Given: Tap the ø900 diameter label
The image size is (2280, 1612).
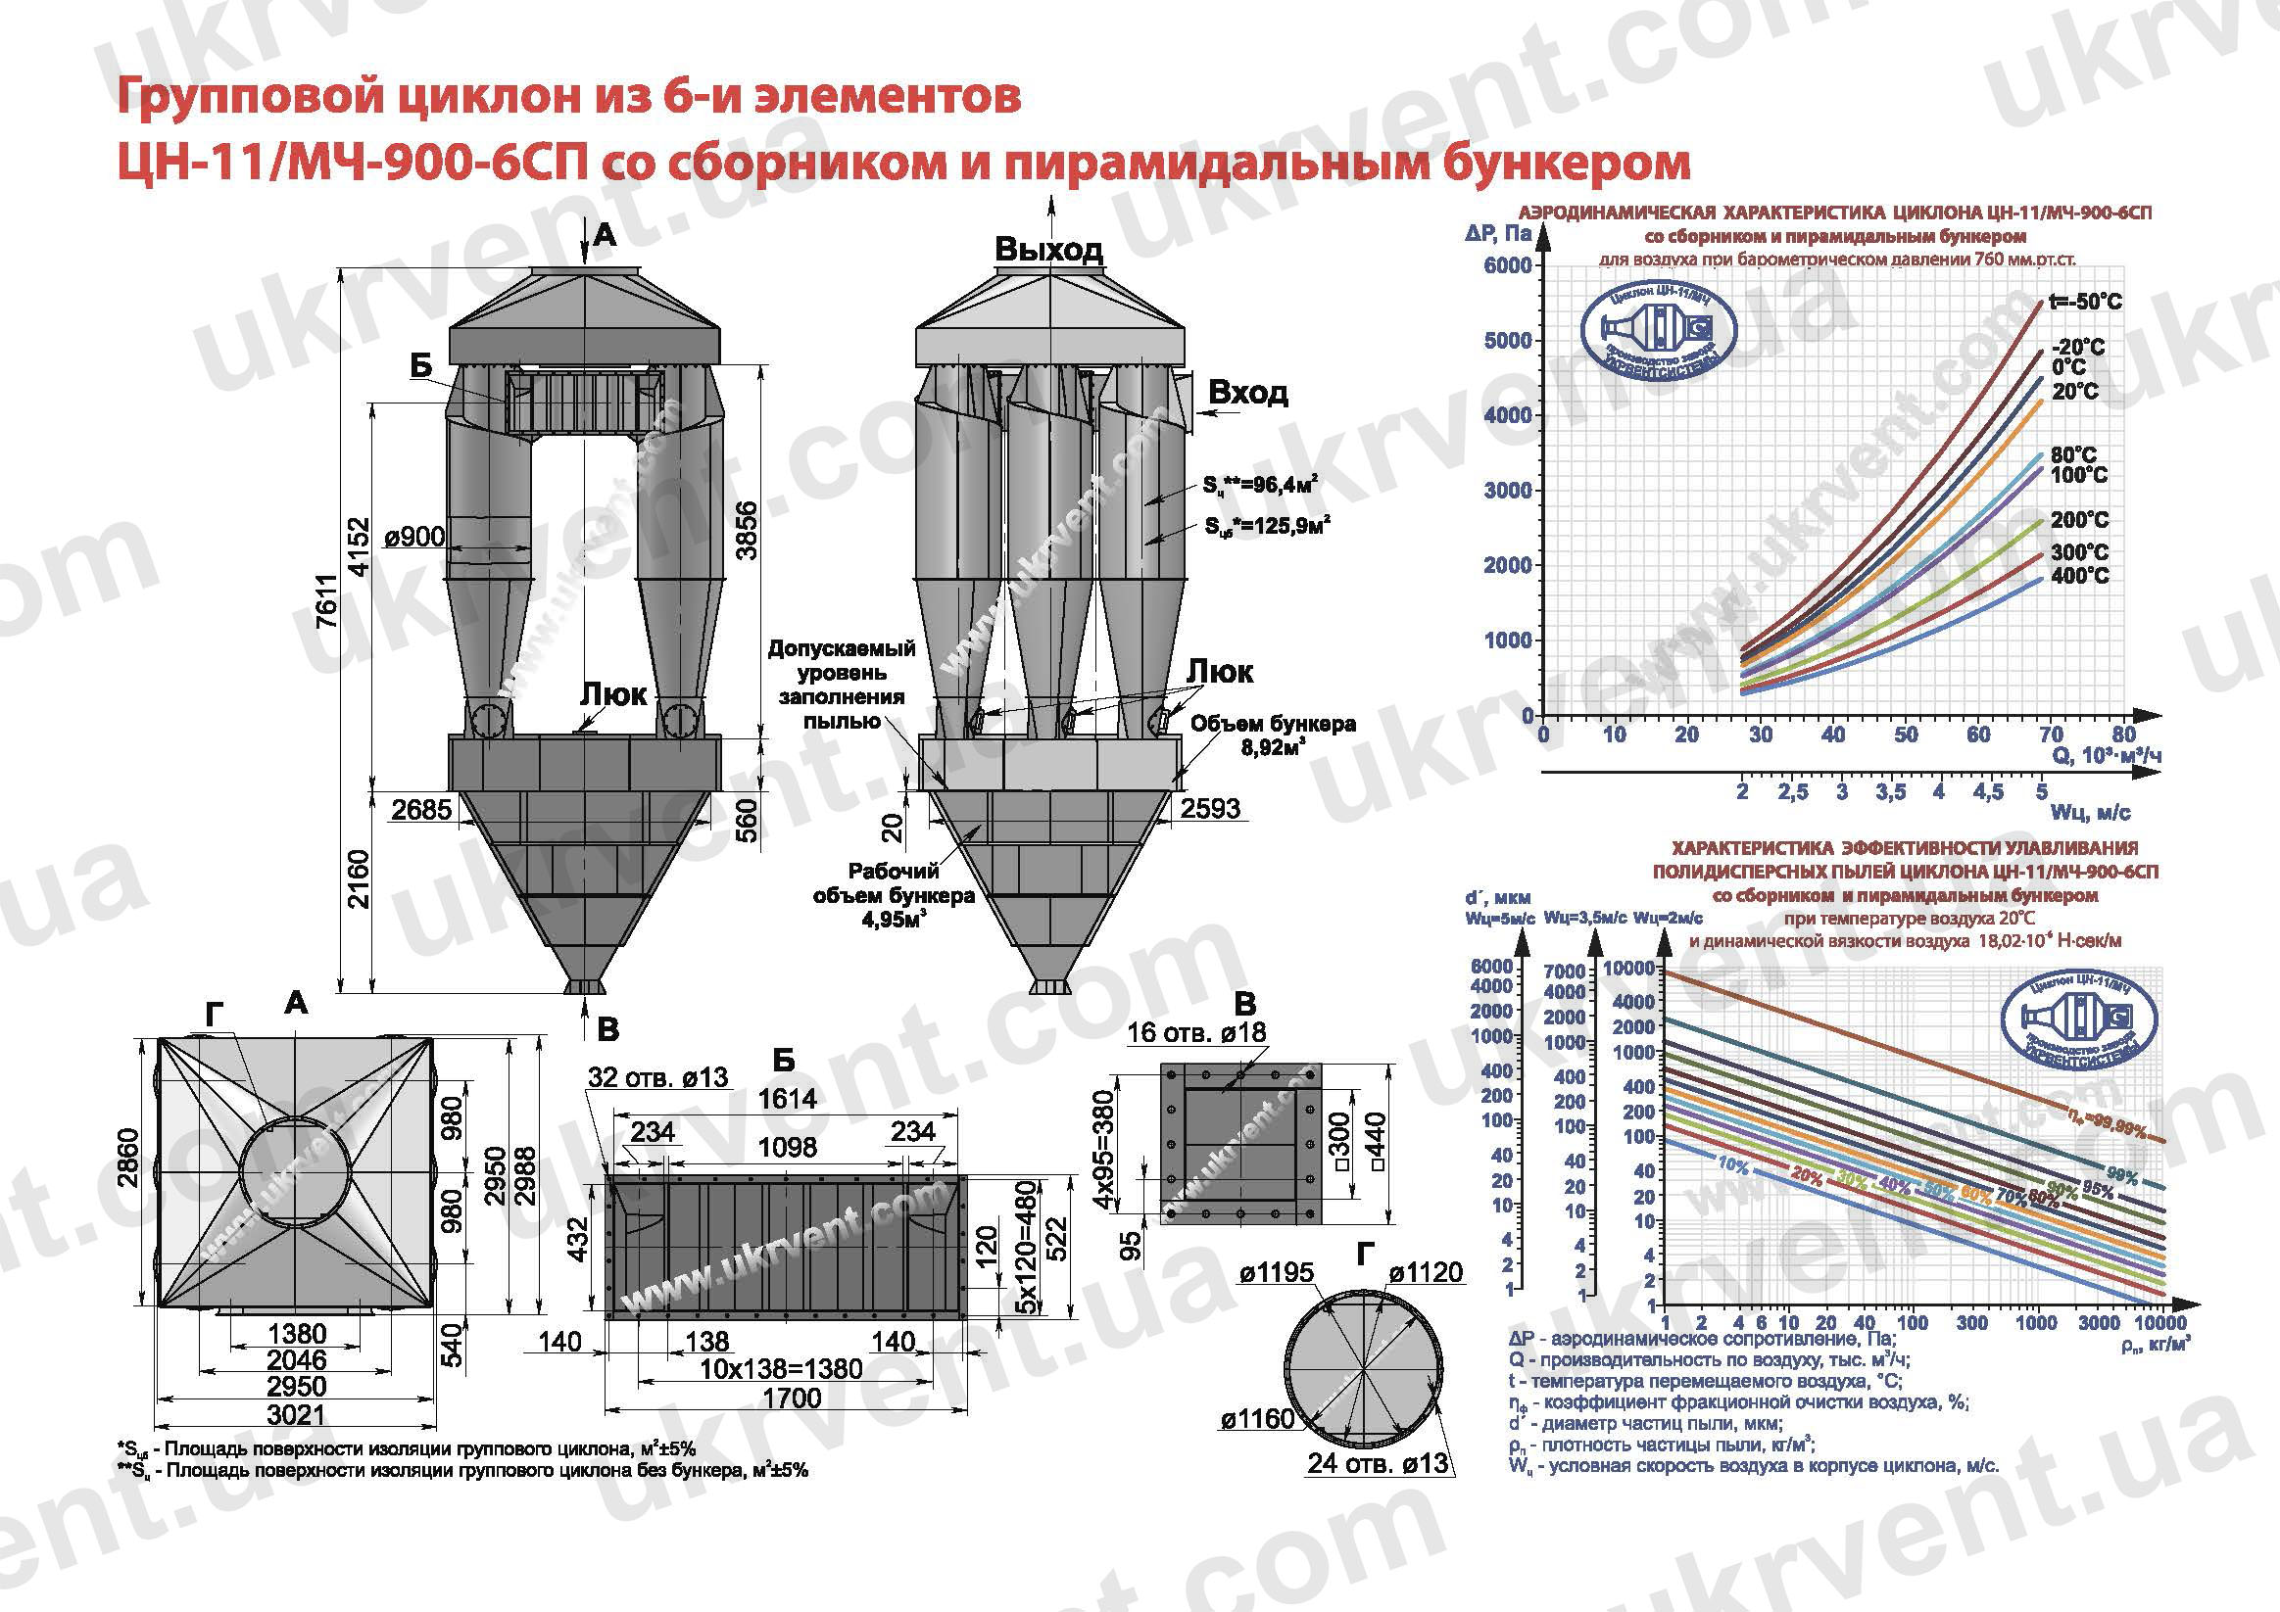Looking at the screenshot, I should [413, 537].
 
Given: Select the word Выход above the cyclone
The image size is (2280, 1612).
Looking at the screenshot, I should [1048, 249].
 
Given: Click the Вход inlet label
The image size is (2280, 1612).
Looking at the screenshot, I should [1248, 393].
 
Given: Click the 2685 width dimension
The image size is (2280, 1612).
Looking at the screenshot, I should [421, 809].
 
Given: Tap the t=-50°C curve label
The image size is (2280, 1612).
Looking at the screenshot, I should [2084, 302].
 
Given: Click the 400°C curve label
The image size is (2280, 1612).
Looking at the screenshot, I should [2079, 576].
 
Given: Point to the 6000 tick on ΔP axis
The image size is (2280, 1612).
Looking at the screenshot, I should [1507, 265].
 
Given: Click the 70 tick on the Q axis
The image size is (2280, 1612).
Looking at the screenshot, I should [2052, 735].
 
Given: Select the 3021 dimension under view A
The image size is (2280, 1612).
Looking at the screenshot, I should [296, 1414].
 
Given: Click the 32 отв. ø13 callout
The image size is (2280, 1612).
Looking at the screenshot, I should [657, 1077].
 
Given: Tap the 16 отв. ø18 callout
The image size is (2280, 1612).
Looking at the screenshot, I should [1196, 1032].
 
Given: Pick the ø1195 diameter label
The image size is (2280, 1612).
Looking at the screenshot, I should [1276, 1272].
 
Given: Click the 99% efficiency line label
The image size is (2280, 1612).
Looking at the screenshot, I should [2122, 1177].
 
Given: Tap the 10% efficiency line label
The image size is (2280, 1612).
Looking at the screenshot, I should [1733, 1166].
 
